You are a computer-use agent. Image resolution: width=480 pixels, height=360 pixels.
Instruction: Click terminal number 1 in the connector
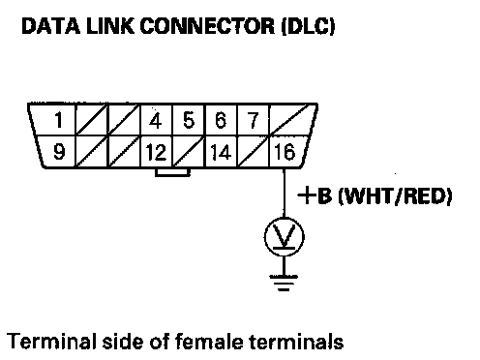59,120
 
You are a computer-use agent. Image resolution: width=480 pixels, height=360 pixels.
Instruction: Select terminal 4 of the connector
156,121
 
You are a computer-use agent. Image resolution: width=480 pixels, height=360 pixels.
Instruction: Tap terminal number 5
189,120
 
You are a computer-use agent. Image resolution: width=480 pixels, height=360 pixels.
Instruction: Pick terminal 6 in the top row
221,120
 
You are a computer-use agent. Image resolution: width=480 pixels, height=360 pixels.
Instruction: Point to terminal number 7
254,120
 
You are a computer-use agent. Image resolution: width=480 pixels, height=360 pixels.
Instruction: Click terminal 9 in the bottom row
59,151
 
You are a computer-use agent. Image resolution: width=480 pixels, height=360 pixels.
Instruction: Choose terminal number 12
156,152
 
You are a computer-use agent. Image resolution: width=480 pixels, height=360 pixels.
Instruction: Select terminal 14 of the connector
221,152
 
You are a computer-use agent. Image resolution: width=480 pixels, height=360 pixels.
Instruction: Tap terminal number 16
285,152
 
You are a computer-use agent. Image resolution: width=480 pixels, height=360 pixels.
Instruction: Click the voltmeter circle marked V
284,237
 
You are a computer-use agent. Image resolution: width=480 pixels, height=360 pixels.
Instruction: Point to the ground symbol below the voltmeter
284,283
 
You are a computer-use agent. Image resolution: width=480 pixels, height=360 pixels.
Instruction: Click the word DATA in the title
50,26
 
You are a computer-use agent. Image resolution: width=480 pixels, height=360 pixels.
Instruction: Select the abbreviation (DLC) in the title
309,26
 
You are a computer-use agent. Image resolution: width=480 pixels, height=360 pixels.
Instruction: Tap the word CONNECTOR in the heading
207,26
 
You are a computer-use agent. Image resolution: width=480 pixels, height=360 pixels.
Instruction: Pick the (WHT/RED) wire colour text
395,195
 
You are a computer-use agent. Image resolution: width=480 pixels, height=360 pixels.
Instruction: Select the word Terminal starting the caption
51,342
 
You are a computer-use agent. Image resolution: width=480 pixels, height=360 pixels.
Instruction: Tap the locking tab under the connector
172,172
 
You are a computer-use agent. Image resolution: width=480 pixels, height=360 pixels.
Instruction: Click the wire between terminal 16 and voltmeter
284,193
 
